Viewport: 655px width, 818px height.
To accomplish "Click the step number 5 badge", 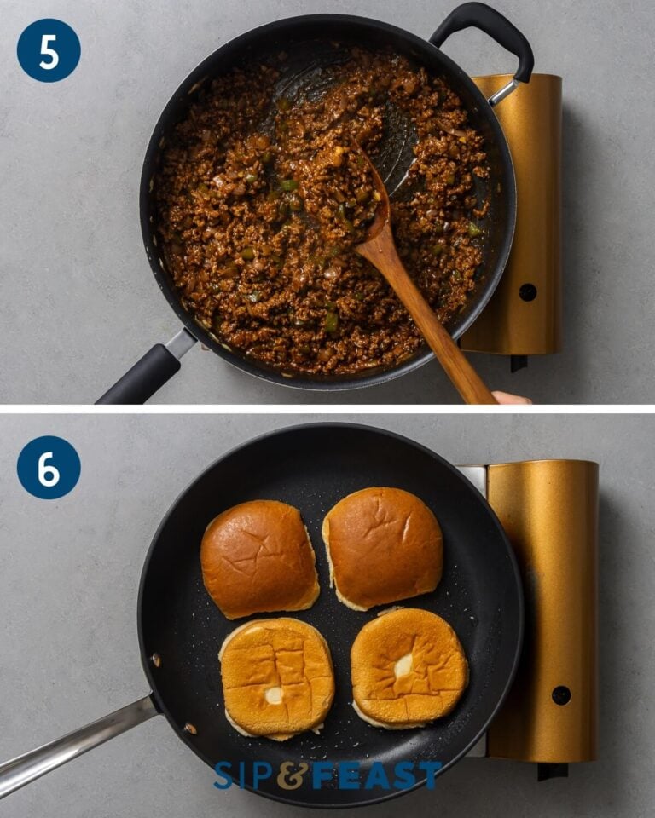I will pos(49,51).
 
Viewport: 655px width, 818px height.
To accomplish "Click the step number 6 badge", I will pos(49,468).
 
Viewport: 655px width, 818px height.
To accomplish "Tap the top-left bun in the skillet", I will pos(258,557).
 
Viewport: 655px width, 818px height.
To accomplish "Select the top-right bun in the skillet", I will pos(383,546).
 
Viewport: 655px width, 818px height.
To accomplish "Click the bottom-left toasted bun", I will pos(276,677).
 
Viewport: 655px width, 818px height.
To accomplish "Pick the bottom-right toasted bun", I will pos(409,666).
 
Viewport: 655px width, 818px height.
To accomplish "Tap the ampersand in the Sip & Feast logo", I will pos(293,775).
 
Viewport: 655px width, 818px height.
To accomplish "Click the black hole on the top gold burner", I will pos(528,292).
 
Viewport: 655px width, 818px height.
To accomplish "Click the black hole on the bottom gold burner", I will pos(560,694).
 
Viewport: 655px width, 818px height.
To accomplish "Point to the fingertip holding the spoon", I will pos(511,398).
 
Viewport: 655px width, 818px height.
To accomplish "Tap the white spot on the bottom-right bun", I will pos(403,665).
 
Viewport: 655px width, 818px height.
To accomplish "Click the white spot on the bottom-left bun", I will pos(273,694).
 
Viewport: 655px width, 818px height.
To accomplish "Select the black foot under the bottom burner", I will pos(552,771).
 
